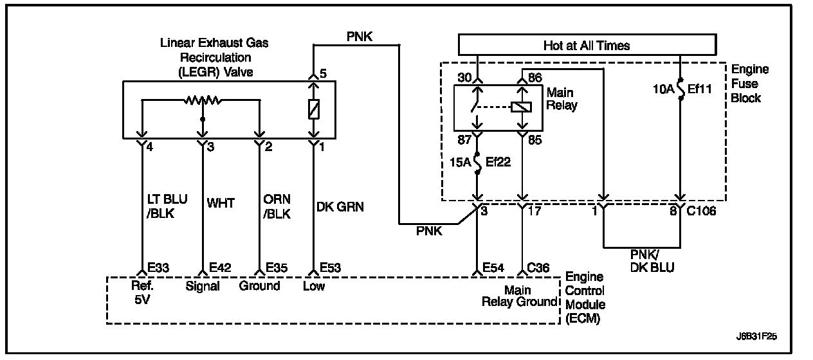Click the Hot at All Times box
[587, 45]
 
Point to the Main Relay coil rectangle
[522, 107]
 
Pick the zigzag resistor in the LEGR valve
[203, 100]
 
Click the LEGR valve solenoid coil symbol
[314, 109]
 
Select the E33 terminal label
[159, 268]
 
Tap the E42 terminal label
[220, 268]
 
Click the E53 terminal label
[330, 268]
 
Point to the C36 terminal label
[538, 268]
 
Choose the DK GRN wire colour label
[340, 207]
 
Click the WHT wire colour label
[221, 203]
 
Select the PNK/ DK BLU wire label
[652, 261]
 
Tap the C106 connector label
[701, 211]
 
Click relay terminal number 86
[535, 78]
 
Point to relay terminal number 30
[464, 78]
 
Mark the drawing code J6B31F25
[756, 336]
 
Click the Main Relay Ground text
[519, 296]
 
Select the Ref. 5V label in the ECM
[142, 292]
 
